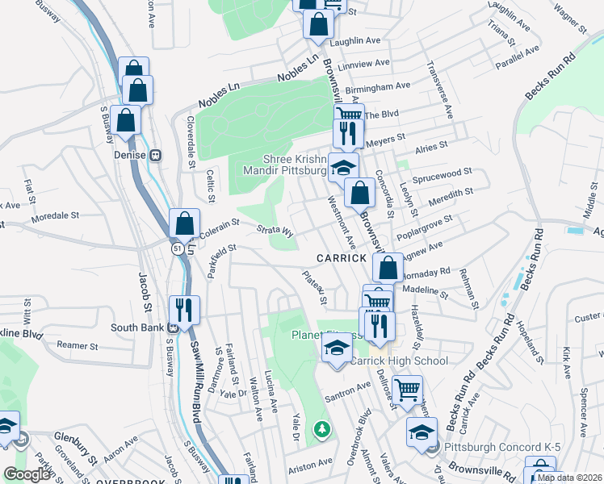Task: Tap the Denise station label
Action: pos(130,155)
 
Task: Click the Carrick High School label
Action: pos(398,361)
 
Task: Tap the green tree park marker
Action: pos(323,428)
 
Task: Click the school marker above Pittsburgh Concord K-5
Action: pos(422,432)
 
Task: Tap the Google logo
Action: pos(27,474)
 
